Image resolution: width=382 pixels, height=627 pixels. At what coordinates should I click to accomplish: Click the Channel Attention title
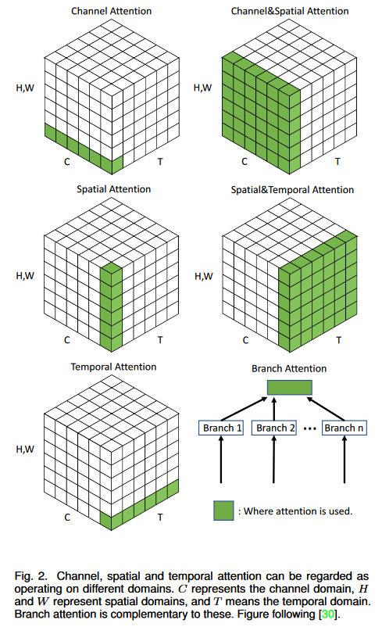click(111, 11)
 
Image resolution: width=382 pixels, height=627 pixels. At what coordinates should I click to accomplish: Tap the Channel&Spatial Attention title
click(290, 11)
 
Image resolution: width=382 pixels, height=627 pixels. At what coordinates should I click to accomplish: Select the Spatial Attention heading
click(113, 189)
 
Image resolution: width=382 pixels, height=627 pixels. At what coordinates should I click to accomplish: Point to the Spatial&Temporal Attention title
click(292, 189)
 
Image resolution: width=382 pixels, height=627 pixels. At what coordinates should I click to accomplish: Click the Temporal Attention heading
click(113, 367)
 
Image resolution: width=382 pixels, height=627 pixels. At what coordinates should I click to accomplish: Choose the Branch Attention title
click(289, 368)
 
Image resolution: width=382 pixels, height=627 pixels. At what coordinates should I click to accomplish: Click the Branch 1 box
click(221, 428)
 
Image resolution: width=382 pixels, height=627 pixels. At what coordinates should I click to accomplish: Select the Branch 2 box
click(274, 428)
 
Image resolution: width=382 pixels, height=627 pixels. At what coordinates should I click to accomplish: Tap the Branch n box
click(345, 428)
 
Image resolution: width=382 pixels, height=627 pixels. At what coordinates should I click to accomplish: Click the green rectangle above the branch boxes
click(289, 388)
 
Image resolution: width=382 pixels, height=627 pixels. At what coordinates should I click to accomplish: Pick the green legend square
click(223, 511)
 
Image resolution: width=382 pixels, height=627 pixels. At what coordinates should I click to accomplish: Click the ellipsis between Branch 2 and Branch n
click(309, 428)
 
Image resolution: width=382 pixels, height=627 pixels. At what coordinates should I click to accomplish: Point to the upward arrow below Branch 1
click(221, 459)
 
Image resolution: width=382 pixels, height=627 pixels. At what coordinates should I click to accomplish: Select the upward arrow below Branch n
click(345, 459)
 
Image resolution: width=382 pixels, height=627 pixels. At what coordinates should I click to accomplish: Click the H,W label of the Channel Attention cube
click(25, 88)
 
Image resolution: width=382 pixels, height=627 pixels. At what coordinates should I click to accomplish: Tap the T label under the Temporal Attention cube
click(160, 517)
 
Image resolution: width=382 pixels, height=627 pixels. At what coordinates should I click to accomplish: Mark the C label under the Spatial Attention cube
click(67, 340)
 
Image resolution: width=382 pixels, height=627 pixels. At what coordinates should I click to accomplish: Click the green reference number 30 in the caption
click(328, 614)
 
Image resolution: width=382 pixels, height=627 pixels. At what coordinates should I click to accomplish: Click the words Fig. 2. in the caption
click(30, 577)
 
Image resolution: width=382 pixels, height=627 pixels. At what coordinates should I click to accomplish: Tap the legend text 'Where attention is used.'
click(298, 511)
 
